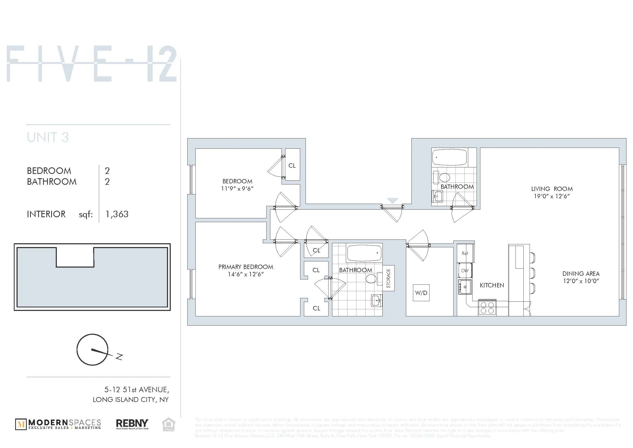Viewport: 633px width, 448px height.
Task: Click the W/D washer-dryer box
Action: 421,293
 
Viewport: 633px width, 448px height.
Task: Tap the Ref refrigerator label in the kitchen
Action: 465,253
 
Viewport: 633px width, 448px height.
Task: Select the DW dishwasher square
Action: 465,270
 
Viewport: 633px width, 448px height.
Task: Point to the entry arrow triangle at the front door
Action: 392,200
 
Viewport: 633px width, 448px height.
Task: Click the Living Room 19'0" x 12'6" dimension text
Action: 552,196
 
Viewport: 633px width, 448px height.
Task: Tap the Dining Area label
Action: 581,274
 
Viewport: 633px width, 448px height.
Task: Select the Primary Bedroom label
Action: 246,267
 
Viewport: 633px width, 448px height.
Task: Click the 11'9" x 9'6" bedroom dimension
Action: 237,189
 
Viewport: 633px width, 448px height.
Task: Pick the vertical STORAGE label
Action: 388,278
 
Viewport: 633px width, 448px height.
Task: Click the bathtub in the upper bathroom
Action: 449,158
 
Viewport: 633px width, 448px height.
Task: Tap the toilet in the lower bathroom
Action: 372,278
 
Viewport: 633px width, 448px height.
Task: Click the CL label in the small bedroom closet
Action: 292,165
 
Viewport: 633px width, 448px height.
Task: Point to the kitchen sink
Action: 465,287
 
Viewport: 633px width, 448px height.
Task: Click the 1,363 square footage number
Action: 117,214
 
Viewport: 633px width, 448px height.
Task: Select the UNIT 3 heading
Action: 48,137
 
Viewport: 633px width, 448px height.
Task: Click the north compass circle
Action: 92,350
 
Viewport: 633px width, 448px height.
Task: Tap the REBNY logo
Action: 132,424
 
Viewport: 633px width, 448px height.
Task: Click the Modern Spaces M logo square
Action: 21,424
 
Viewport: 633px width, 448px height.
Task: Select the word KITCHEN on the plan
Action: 492,285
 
